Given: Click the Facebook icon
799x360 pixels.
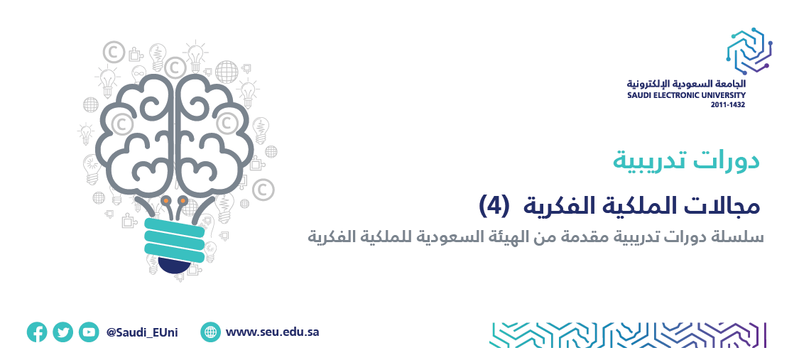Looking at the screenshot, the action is pyautogui.click(x=37, y=332).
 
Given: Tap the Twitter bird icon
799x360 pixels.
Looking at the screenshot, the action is pyautogui.click(x=62, y=332).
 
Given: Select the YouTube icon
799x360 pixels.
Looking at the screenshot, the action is pyautogui.click(x=89, y=332).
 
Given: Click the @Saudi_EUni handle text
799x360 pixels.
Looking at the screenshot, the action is pyautogui.click(x=142, y=333).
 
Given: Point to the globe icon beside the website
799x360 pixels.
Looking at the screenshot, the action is pyautogui.click(x=210, y=332).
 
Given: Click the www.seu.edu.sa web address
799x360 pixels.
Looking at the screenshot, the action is pyautogui.click(x=272, y=332).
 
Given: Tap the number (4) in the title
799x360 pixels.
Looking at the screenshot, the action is pyautogui.click(x=494, y=204).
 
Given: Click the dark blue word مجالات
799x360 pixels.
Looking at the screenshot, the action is pyautogui.click(x=723, y=205).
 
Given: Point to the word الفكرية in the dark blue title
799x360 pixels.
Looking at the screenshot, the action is pyautogui.click(x=557, y=205).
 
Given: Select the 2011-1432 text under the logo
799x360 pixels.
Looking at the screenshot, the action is pyautogui.click(x=728, y=104).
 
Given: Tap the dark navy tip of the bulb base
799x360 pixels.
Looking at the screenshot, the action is pyautogui.click(x=175, y=265).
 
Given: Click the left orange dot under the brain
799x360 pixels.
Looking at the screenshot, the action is pyautogui.click(x=166, y=202).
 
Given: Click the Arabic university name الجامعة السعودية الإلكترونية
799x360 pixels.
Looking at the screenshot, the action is pyautogui.click(x=686, y=84).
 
